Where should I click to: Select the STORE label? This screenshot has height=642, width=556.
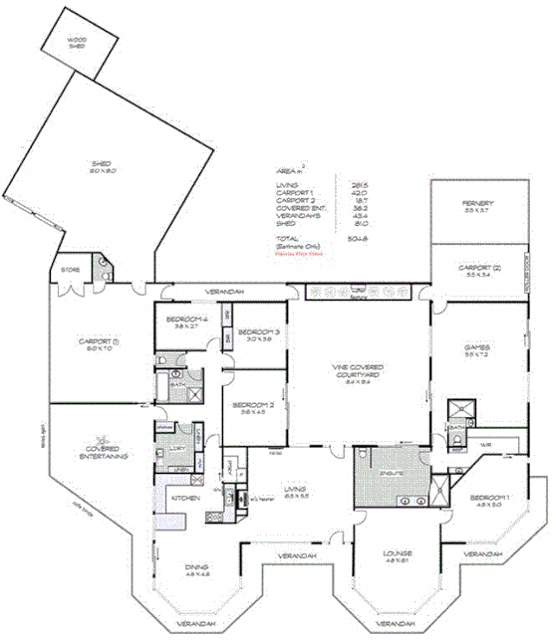[70, 269]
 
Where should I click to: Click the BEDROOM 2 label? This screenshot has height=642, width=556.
[253, 408]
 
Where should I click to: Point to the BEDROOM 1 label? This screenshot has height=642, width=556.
[489, 499]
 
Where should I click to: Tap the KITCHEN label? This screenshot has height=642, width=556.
[186, 497]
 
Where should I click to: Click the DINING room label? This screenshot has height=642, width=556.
[196, 571]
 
